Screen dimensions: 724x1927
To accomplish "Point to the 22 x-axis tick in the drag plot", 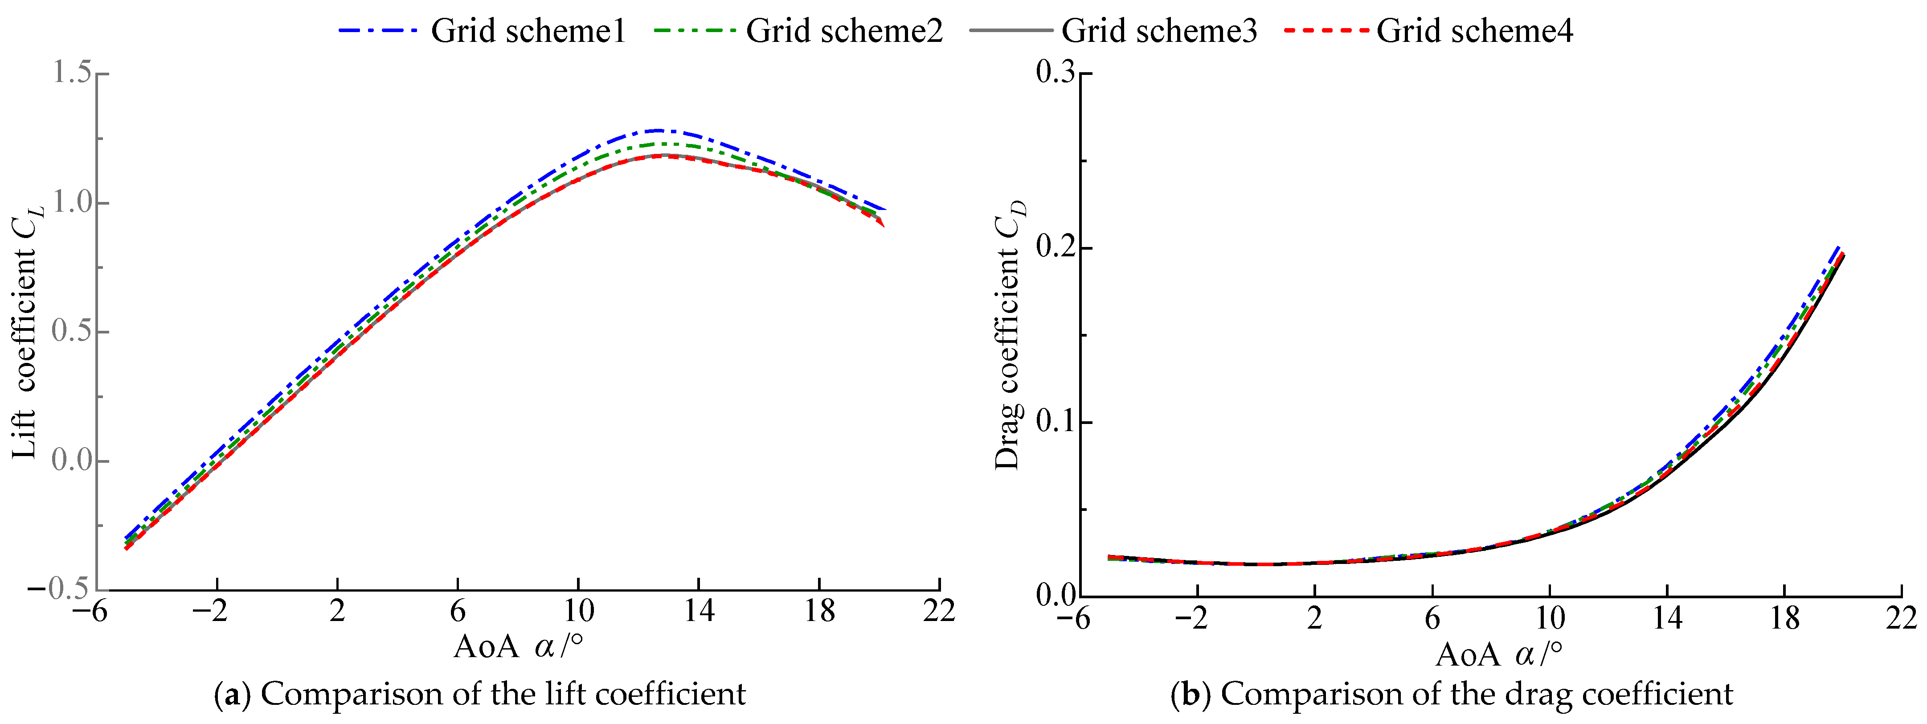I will (1901, 618).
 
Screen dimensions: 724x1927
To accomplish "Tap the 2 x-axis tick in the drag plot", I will (1314, 618).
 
